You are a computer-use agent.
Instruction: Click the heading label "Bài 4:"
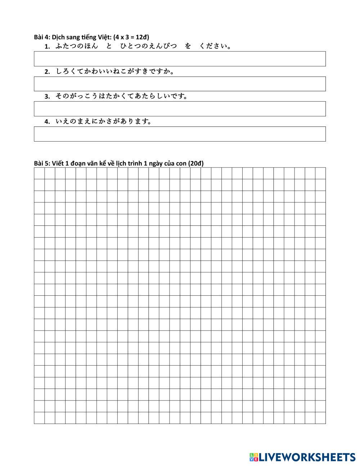pyautogui.click(x=42, y=37)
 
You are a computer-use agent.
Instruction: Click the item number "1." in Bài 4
pyautogui.click(x=47, y=46)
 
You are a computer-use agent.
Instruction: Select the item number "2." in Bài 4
pyautogui.click(x=47, y=72)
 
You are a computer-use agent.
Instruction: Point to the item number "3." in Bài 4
pyautogui.click(x=47, y=97)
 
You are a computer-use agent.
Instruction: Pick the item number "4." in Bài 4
pyautogui.click(x=47, y=122)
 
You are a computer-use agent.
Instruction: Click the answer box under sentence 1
pyautogui.click(x=180, y=59)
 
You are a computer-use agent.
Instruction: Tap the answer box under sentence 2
pyautogui.click(x=180, y=84)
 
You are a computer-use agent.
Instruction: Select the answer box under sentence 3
pyautogui.click(x=180, y=109)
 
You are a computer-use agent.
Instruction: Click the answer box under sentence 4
pyautogui.click(x=180, y=134)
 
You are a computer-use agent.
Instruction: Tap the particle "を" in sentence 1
pyautogui.click(x=188, y=46)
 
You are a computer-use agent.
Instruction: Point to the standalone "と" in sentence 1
pyautogui.click(x=109, y=46)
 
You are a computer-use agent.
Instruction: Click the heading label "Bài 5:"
pyautogui.click(x=42, y=163)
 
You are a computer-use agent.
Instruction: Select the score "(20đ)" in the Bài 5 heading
pyautogui.click(x=196, y=163)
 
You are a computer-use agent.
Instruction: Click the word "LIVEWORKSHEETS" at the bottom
pyautogui.click(x=307, y=457)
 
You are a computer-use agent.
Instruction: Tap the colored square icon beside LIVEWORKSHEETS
pyautogui.click(x=253, y=457)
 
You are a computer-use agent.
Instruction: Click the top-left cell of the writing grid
pyautogui.click(x=39, y=173)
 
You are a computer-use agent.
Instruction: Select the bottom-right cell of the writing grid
pyautogui.click(x=320, y=418)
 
